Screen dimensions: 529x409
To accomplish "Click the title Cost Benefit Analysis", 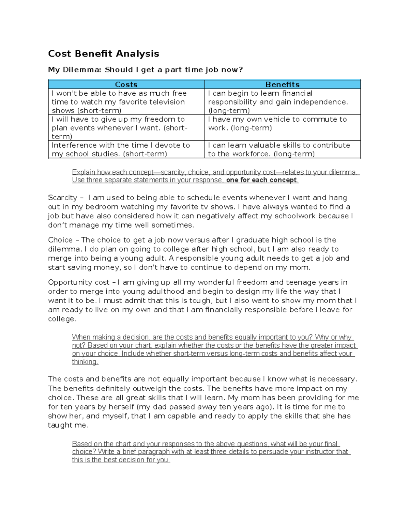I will (103, 54).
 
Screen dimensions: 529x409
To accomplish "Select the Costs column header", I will (126, 84).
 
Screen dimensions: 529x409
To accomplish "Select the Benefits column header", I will (282, 84).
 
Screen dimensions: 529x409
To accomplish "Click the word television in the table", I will (164, 102).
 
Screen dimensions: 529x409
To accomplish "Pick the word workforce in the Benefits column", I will (252, 154).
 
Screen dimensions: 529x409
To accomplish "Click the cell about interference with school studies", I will (126, 150).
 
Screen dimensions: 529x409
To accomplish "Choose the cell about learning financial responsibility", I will (282, 102).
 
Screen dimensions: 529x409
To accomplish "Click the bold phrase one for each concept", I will (261, 180).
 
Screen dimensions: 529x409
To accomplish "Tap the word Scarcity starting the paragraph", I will (63, 198).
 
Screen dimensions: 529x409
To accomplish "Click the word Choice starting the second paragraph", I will (60, 240).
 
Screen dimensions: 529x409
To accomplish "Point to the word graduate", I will (252, 240).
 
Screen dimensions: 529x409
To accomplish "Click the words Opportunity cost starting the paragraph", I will (79, 282).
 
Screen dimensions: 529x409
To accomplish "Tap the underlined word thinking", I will (85, 362).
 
